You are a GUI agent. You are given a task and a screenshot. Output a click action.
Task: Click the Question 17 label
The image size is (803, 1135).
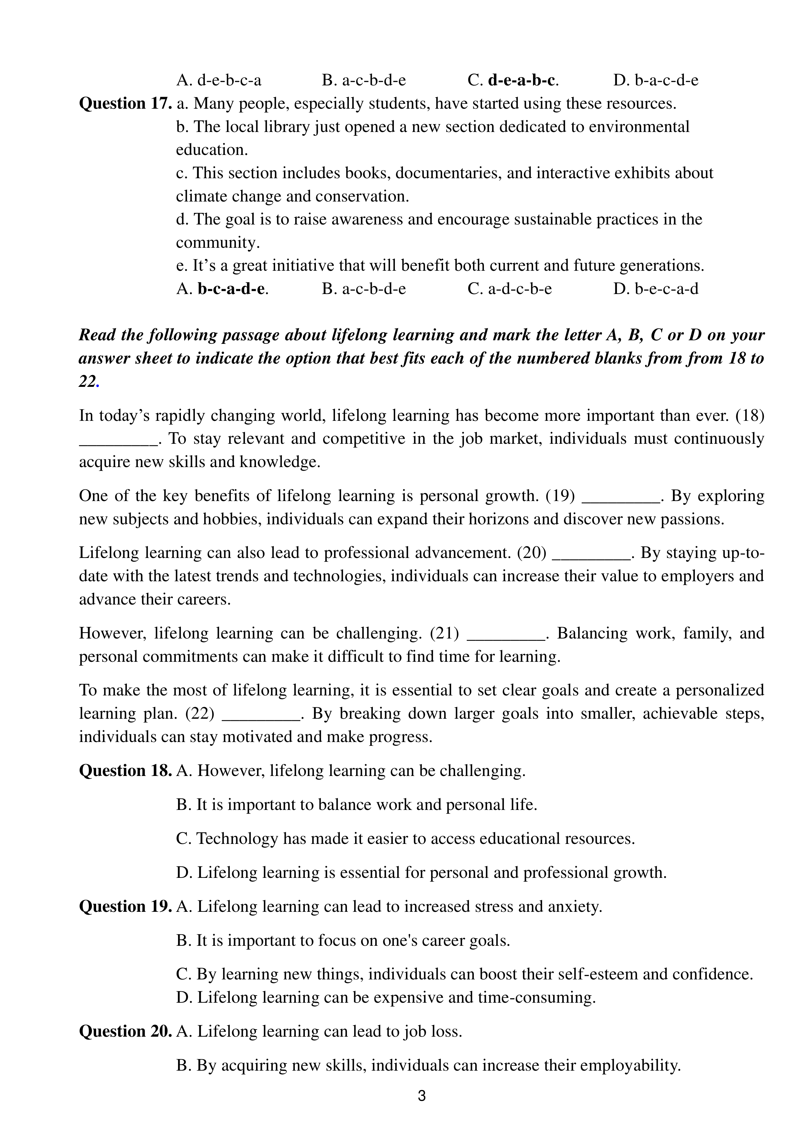pyautogui.click(x=125, y=104)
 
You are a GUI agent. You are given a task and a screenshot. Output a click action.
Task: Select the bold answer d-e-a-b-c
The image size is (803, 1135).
pyautogui.click(x=521, y=80)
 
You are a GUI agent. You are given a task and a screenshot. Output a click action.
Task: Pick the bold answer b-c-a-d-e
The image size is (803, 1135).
pyautogui.click(x=231, y=289)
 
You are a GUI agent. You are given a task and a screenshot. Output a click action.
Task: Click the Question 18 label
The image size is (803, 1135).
pyautogui.click(x=125, y=771)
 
